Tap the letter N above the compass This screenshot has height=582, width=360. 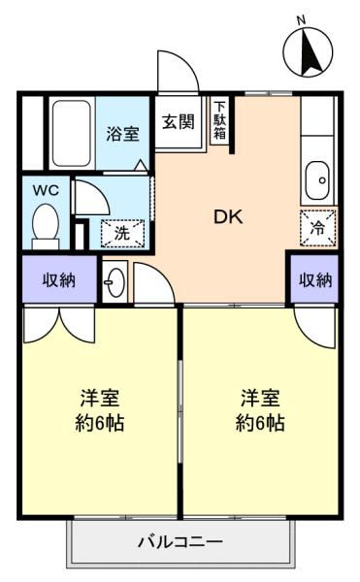pyautogui.click(x=302, y=20)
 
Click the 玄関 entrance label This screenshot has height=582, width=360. pyautogui.click(x=179, y=121)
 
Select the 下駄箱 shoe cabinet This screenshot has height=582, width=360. pyautogui.click(x=219, y=120)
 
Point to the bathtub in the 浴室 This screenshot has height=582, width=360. pyautogui.click(x=72, y=134)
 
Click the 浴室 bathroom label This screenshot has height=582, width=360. pyautogui.click(x=122, y=134)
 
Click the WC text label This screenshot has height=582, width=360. pyautogui.click(x=46, y=191)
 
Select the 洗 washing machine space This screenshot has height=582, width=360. pyautogui.click(x=122, y=234)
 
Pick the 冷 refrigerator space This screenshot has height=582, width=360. pyautogui.click(x=318, y=228)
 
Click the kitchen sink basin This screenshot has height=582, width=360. pyautogui.click(x=317, y=180)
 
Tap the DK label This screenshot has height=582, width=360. pyautogui.click(x=228, y=217)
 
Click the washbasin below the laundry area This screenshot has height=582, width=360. pyautogui.click(x=115, y=282)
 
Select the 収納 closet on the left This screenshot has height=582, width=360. pyautogui.click(x=59, y=279)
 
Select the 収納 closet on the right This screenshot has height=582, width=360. pyautogui.click(x=314, y=279)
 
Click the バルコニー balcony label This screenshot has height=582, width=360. pyautogui.click(x=180, y=542)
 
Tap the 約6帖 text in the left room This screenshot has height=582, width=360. pyautogui.click(x=100, y=423)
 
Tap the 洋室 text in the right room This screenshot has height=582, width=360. pyautogui.click(x=260, y=398)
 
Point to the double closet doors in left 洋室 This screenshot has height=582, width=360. pyautogui.click(x=59, y=324)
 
